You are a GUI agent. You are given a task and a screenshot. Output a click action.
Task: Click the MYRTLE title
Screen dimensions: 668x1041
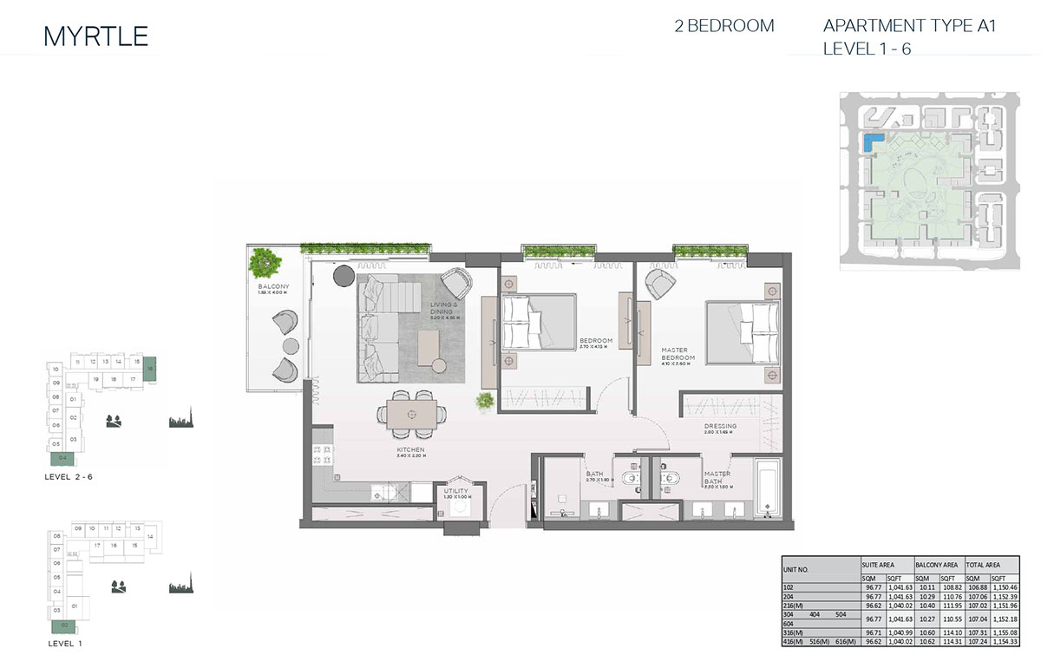(x=95, y=36)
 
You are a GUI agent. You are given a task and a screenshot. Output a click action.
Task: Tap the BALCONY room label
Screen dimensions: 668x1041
(x=272, y=287)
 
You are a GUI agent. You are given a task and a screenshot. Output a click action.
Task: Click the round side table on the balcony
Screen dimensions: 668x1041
(x=288, y=345)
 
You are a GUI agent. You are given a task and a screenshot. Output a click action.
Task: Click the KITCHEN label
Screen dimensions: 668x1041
(x=410, y=451)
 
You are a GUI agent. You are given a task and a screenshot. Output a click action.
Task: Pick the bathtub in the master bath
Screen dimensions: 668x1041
(x=767, y=490)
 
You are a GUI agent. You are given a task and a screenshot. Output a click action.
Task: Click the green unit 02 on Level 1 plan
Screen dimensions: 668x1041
(x=64, y=625)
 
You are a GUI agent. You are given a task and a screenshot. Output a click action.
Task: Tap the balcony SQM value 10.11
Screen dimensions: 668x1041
(x=923, y=586)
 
